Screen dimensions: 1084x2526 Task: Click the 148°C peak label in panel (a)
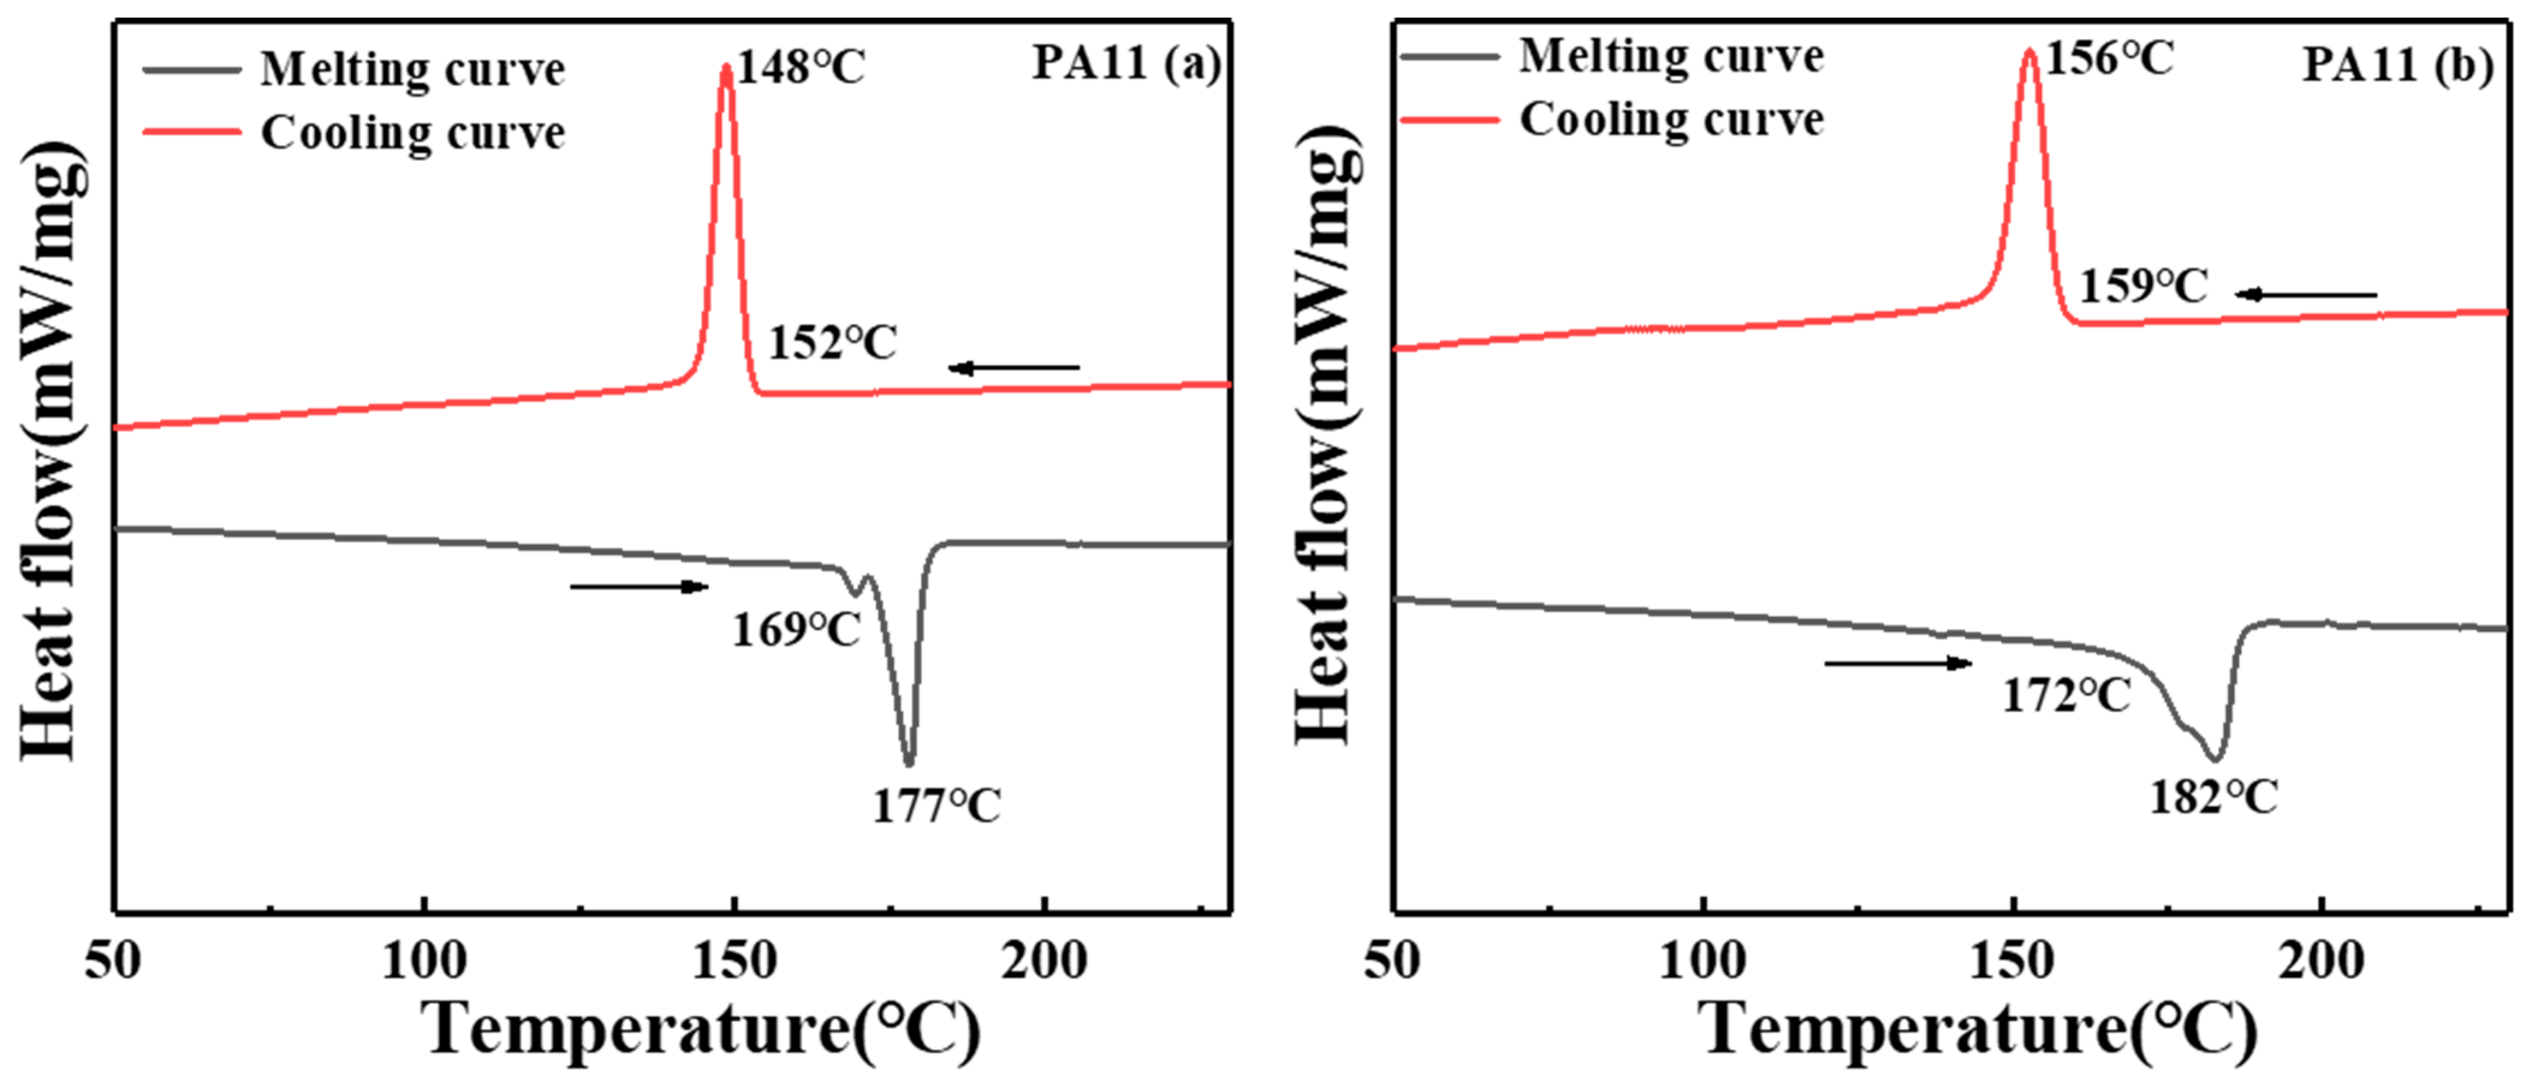[x=801, y=68]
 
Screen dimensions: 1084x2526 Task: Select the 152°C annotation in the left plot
[x=832, y=343]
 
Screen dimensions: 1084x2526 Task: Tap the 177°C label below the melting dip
[x=936, y=806]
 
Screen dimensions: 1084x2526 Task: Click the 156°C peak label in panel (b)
[x=2110, y=59]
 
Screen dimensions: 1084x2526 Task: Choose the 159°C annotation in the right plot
[x=2144, y=286]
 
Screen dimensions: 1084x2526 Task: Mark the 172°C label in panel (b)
[x=2066, y=696]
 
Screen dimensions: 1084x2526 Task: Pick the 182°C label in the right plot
[x=2213, y=797]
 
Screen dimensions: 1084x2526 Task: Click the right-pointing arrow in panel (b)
[x=1897, y=664]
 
